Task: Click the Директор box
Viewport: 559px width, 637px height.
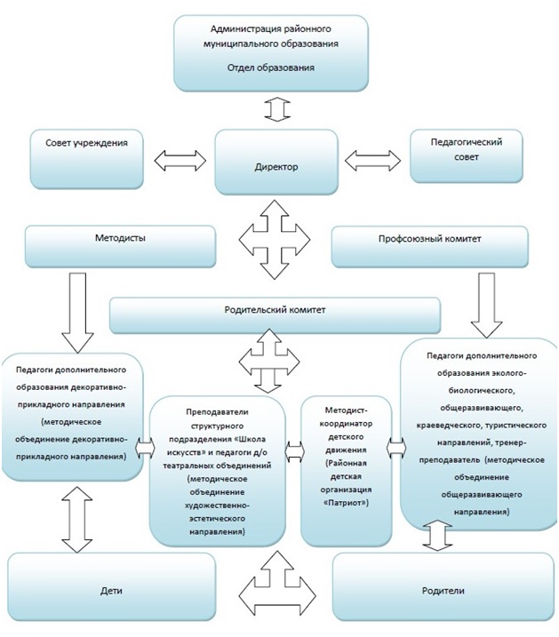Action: [x=276, y=162]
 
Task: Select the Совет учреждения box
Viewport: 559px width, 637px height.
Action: [x=86, y=159]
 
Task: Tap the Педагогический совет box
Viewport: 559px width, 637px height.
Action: [x=466, y=156]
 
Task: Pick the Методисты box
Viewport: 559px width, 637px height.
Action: [x=120, y=247]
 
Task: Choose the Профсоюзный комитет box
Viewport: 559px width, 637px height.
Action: [x=430, y=247]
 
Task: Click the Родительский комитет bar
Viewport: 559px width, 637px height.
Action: [x=275, y=315]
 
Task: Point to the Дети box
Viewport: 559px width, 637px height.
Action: [x=112, y=586]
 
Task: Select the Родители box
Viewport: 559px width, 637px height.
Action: [x=443, y=586]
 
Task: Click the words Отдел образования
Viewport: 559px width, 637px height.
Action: [x=270, y=68]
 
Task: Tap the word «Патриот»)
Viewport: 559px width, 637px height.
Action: [x=346, y=503]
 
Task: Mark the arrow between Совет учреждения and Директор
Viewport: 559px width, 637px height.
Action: [x=180, y=160]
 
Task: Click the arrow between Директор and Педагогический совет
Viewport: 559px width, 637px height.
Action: [x=372, y=160]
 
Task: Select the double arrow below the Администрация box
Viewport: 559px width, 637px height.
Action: [x=277, y=109]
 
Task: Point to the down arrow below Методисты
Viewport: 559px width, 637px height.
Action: [x=77, y=312]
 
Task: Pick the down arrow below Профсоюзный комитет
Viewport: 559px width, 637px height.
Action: [x=486, y=305]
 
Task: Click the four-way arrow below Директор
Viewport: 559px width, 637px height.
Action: [x=275, y=239]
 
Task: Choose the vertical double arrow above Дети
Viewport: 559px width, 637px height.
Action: [x=76, y=520]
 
